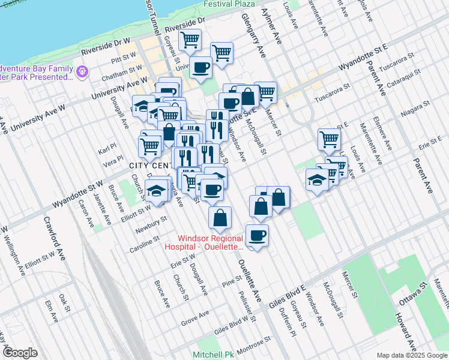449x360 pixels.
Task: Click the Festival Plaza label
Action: pyautogui.click(x=229, y=4)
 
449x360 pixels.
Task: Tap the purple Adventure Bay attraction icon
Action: pyautogui.click(x=82, y=72)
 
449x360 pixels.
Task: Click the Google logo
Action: pyautogui.click(x=20, y=353)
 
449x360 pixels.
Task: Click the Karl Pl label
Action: pyautogui.click(x=108, y=148)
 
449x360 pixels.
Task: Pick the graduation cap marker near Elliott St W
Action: pyautogui.click(x=156, y=190)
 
